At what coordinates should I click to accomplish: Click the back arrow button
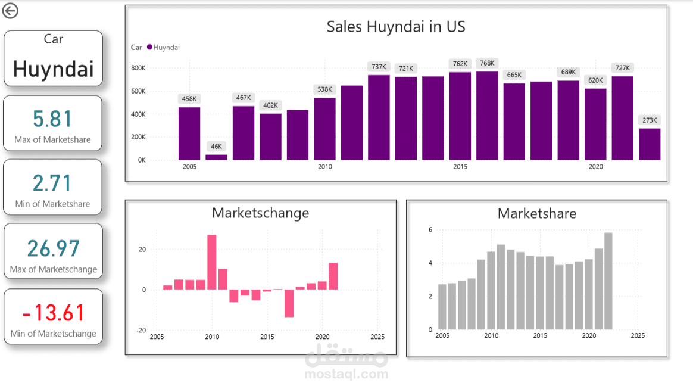(10, 11)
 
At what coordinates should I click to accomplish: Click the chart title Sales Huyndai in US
(396, 27)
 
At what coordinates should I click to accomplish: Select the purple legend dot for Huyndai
(149, 48)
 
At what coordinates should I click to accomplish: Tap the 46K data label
(216, 146)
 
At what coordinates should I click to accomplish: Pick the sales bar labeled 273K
(650, 144)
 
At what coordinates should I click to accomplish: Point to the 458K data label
(189, 98)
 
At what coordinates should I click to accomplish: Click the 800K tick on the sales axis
(138, 68)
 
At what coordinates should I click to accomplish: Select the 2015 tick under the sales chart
(460, 167)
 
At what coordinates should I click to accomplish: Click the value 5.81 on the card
(53, 120)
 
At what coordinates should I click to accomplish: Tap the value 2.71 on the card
(53, 183)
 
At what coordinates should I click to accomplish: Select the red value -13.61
(53, 313)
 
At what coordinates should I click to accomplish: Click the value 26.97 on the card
(53, 248)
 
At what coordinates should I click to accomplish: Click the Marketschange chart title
(260, 213)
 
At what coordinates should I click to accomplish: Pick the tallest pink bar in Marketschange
(211, 262)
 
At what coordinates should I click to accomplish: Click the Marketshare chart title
(537, 213)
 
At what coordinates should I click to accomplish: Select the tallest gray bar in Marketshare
(608, 281)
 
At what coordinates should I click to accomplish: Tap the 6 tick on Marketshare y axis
(430, 230)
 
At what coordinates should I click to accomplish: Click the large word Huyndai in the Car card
(53, 69)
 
